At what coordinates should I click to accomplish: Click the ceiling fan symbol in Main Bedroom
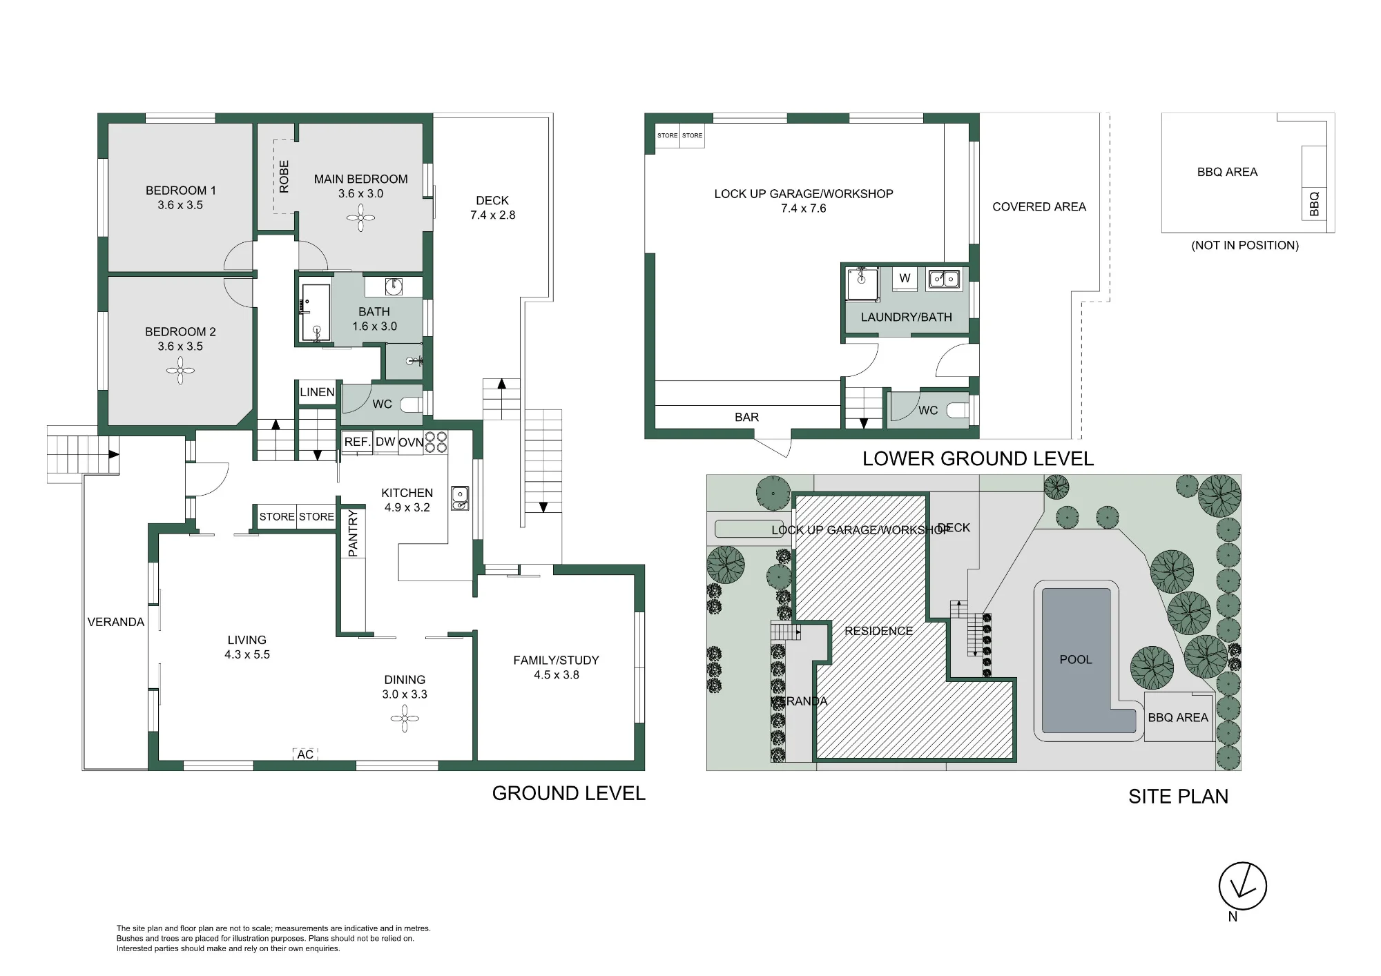tap(360, 219)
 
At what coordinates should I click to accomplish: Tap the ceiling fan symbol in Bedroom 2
tap(180, 373)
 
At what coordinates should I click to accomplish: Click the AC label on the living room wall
tap(305, 754)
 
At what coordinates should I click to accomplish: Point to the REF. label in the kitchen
tap(357, 442)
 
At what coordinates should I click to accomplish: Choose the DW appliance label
tap(385, 442)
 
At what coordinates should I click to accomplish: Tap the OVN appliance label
tap(411, 442)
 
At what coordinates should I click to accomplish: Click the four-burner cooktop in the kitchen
tap(435, 442)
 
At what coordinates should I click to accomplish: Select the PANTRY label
tap(353, 534)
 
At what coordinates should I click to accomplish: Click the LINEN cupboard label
tap(317, 392)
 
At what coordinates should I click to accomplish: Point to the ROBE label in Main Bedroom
tap(284, 177)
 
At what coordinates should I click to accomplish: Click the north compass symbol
tap(1242, 886)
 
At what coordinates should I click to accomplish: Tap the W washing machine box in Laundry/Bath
tap(905, 278)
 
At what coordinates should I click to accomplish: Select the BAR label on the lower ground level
tap(746, 417)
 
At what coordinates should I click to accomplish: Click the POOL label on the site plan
tap(1076, 659)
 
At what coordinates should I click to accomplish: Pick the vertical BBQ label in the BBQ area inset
tap(1314, 204)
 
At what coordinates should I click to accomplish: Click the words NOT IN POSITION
tap(1245, 245)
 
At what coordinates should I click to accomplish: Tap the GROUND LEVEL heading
tap(569, 793)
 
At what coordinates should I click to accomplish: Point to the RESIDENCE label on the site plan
tap(878, 631)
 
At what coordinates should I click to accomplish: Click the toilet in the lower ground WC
tap(958, 410)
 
